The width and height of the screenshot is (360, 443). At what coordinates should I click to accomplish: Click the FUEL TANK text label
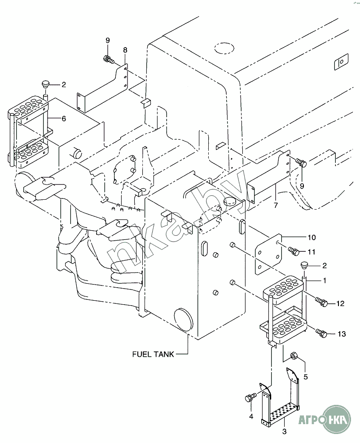tap(153, 354)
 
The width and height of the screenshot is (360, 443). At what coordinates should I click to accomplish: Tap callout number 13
tap(342, 334)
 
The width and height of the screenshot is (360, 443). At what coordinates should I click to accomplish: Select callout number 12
tap(340, 303)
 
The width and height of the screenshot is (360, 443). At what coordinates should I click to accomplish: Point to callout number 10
tap(312, 237)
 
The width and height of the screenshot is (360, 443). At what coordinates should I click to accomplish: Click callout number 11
tap(311, 251)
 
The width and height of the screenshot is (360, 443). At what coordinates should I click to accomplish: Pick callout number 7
tap(276, 205)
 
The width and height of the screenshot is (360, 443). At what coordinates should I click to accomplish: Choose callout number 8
tap(125, 50)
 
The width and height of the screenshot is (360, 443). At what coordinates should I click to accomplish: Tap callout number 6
tap(64, 118)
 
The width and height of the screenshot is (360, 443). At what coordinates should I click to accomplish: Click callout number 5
tap(306, 377)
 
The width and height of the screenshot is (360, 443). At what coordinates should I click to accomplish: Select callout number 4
tap(251, 416)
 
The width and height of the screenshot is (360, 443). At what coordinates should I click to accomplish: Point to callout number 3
tap(285, 431)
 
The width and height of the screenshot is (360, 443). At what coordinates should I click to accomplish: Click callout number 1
tap(325, 281)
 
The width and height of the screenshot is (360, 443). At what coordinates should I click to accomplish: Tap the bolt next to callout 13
tap(321, 333)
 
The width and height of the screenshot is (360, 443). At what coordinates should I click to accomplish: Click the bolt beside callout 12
tap(321, 303)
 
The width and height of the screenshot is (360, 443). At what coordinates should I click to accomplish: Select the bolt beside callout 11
tap(294, 251)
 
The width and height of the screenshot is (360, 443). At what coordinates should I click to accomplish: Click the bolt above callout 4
tap(250, 397)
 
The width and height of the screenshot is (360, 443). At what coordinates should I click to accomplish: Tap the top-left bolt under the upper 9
tap(109, 59)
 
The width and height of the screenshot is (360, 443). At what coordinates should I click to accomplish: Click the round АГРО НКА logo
tap(336, 419)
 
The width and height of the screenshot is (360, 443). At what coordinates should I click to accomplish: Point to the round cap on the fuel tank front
tap(184, 320)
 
